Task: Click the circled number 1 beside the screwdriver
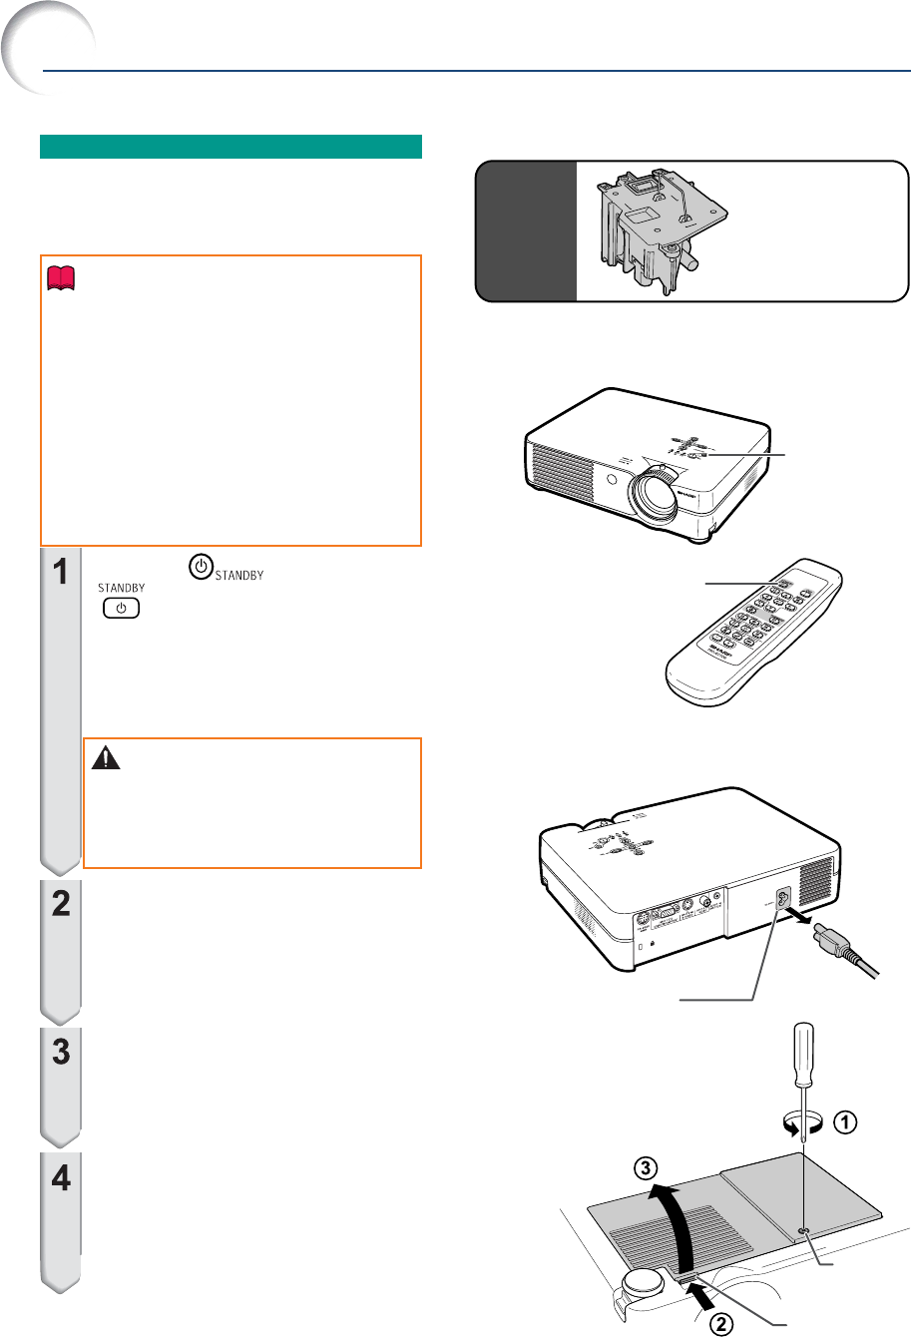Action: pos(843,1121)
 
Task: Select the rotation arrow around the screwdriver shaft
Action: pos(804,1123)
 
